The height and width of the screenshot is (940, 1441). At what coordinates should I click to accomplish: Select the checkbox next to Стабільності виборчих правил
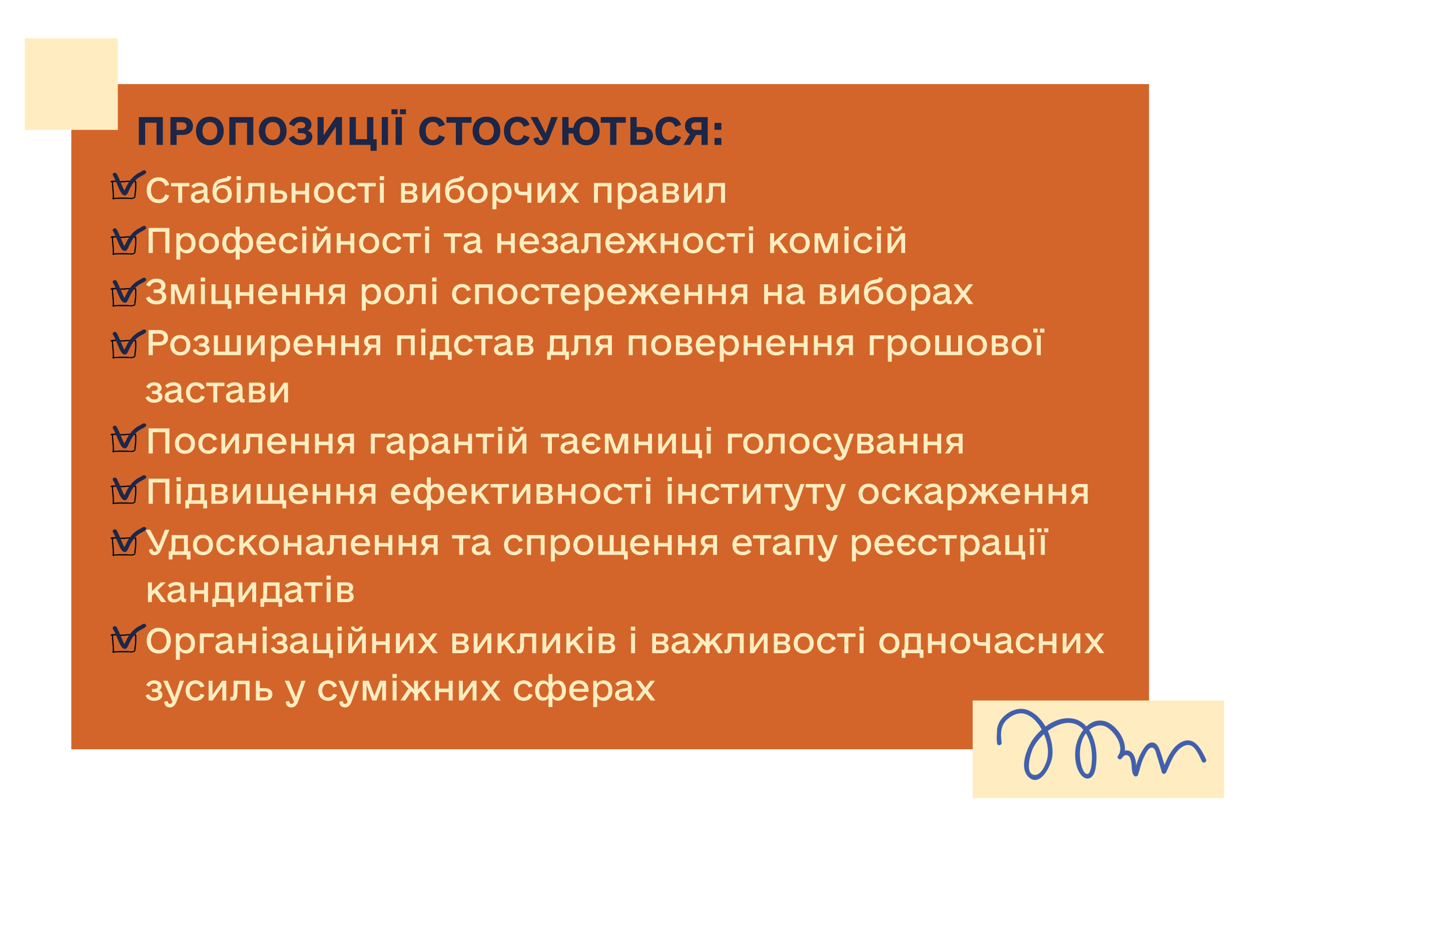tap(125, 188)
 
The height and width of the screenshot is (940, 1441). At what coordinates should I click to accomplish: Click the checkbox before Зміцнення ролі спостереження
tap(125, 294)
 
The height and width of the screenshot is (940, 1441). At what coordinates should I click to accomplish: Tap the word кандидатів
tap(250, 591)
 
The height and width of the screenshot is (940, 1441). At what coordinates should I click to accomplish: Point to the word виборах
tap(896, 293)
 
